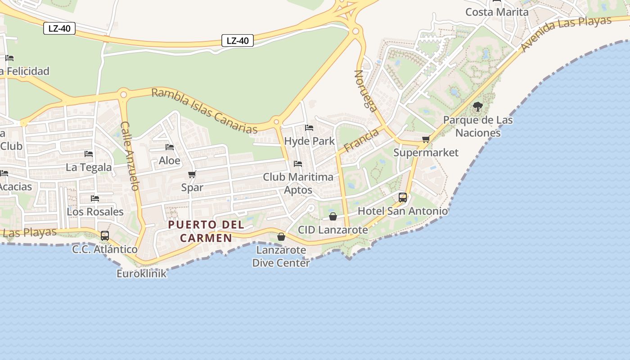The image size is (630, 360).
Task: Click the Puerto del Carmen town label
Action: click(x=207, y=231)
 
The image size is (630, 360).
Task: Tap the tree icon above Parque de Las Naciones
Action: click(x=478, y=107)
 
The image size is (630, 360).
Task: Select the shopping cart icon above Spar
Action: click(x=192, y=174)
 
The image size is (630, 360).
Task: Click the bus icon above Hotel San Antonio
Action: click(x=403, y=197)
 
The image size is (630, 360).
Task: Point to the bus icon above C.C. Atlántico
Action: click(x=105, y=235)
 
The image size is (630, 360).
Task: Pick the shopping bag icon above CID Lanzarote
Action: click(x=333, y=216)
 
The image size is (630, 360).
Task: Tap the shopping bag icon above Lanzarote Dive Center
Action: click(x=281, y=236)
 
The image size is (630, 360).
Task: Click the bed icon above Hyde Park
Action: click(x=309, y=128)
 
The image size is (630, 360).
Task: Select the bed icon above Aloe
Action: click(x=170, y=147)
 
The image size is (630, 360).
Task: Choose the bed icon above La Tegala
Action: click(x=89, y=154)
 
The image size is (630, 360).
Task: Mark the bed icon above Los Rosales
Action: click(x=95, y=198)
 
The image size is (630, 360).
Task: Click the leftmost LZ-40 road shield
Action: click(x=59, y=28)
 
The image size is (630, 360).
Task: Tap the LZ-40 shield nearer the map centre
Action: click(x=238, y=40)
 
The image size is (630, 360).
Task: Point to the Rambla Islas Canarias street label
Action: click(x=205, y=111)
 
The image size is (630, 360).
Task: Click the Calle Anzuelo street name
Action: click(x=130, y=156)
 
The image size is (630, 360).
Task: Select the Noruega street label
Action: click(x=366, y=90)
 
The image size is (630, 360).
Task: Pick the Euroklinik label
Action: click(x=141, y=273)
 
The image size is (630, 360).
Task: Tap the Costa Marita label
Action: click(x=497, y=12)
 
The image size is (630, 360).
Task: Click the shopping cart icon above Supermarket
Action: click(x=426, y=139)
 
